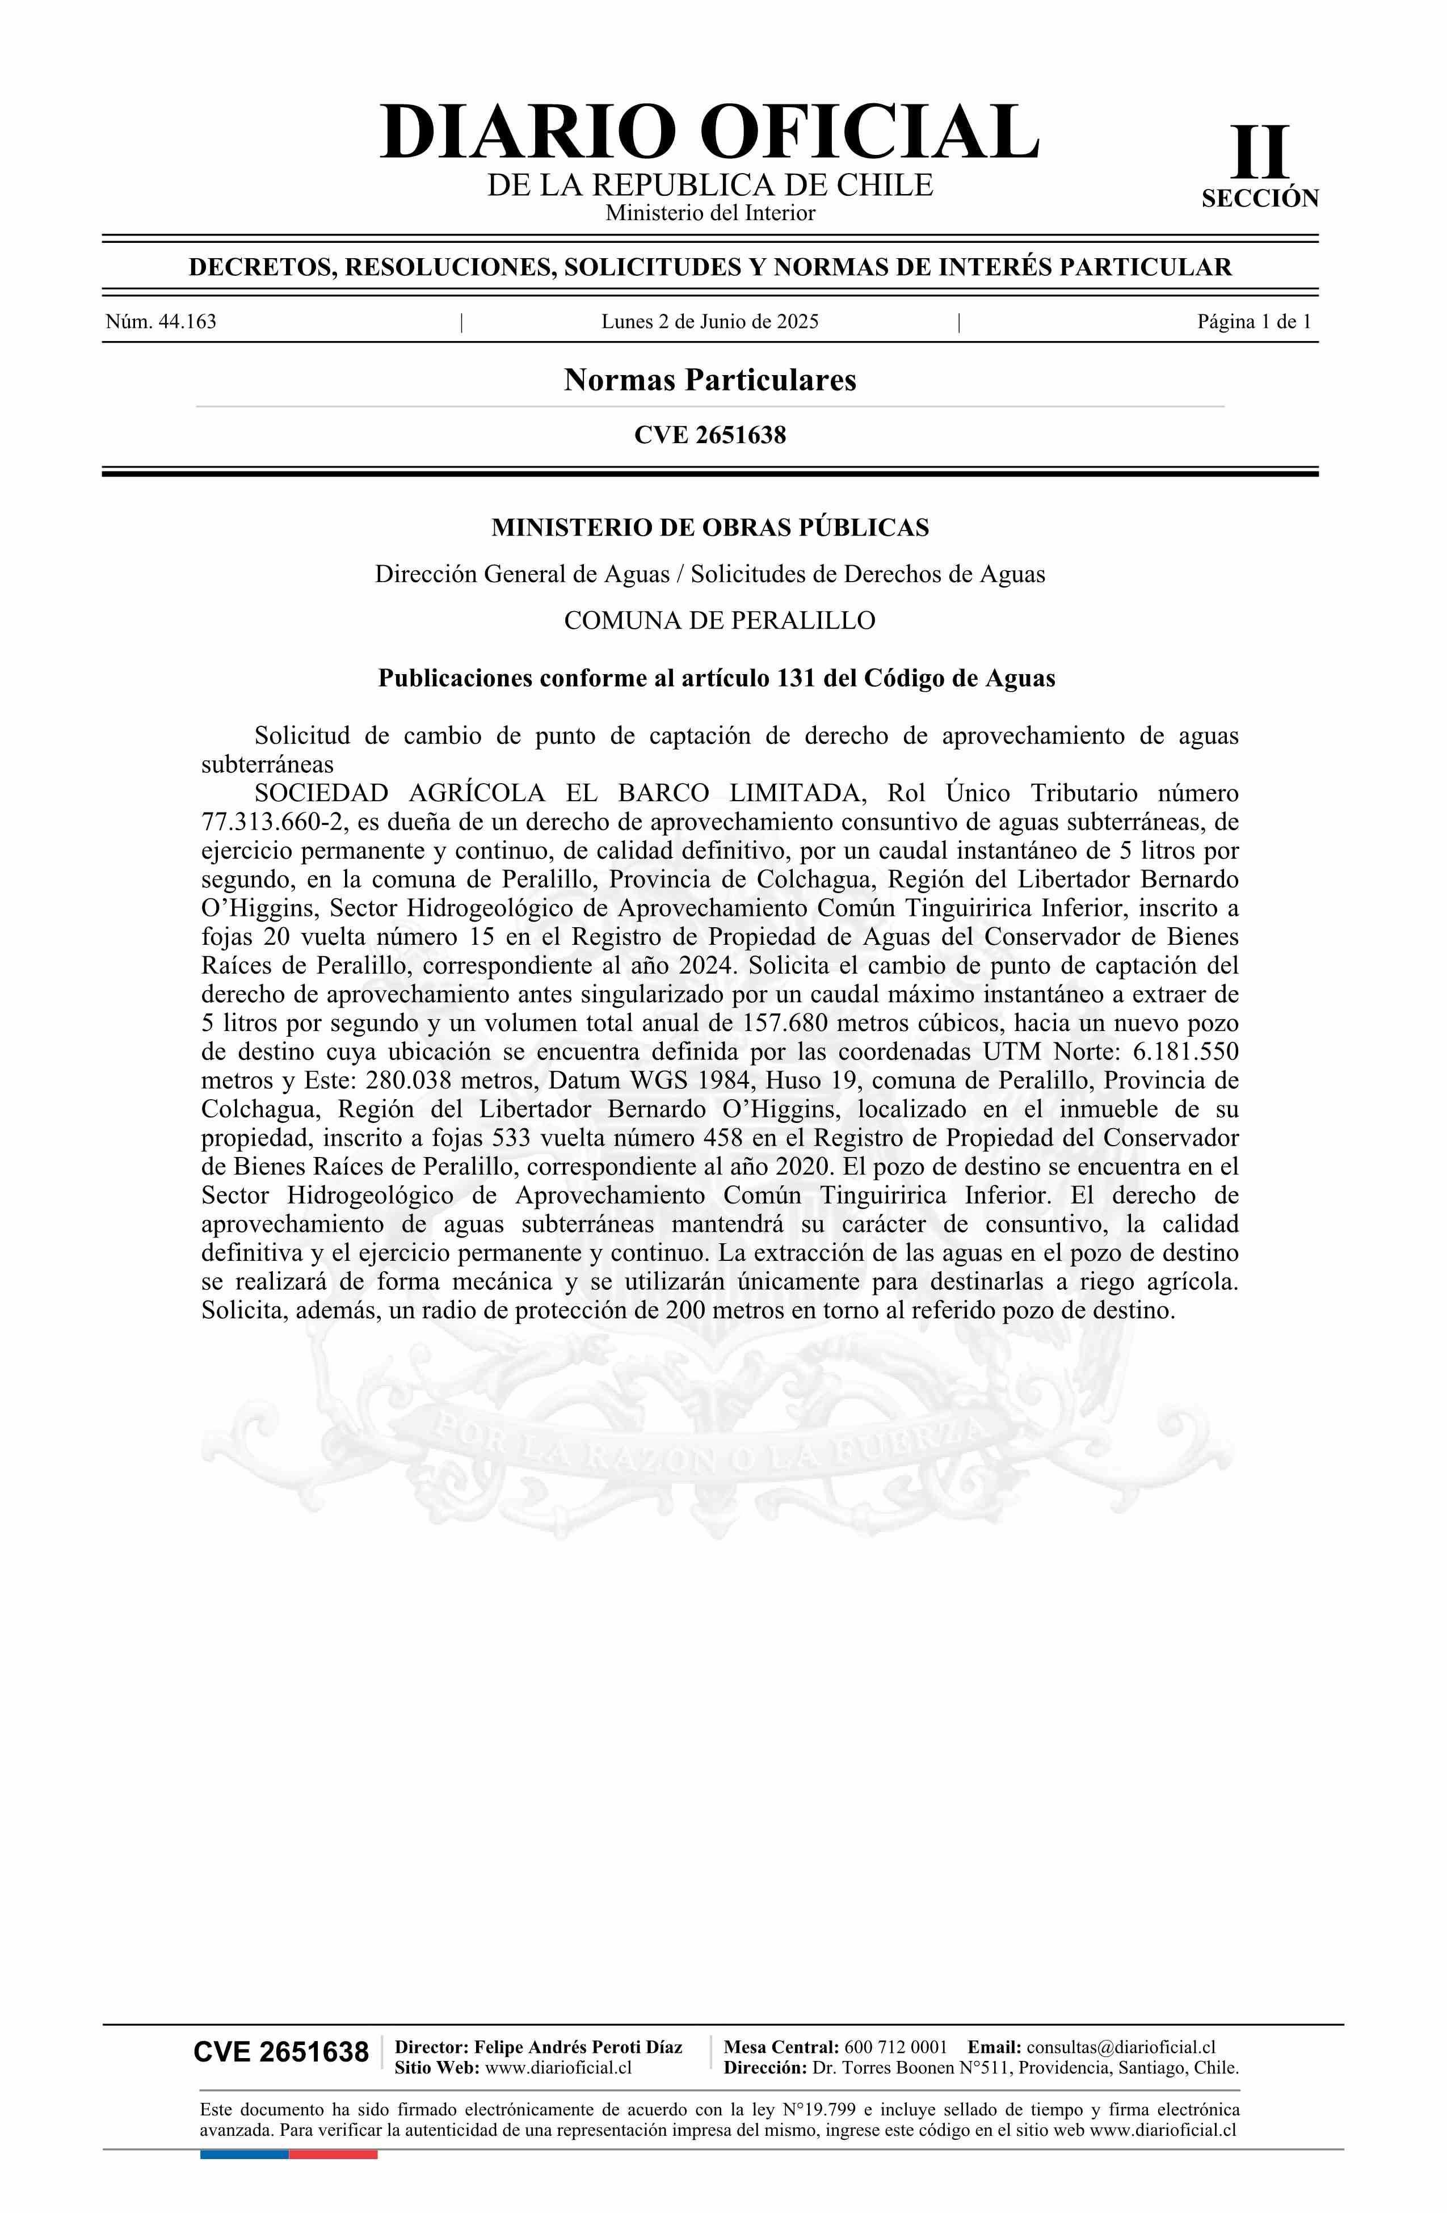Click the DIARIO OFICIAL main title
709,132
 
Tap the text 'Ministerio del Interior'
709,213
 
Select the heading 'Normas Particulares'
709,380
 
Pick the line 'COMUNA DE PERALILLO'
719,620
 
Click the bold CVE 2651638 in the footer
281,2052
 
